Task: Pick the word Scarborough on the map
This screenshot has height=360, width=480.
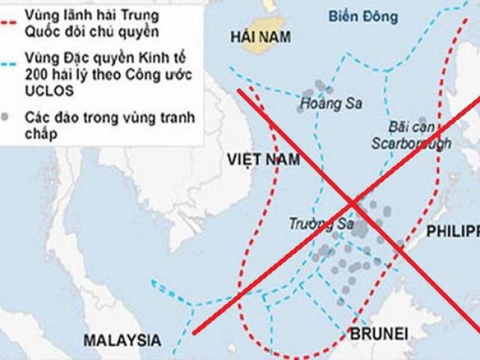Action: pyautogui.click(x=409, y=142)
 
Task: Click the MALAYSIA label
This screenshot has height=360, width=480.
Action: pyautogui.click(x=121, y=339)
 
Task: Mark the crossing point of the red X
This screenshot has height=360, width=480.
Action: pyautogui.click(x=354, y=202)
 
